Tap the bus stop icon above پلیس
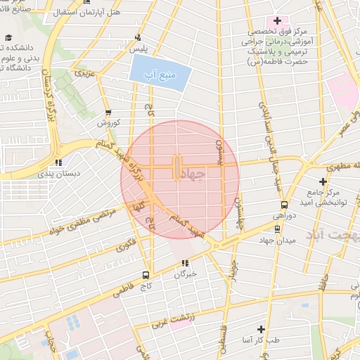tap(137, 37)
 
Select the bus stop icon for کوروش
tap(108, 112)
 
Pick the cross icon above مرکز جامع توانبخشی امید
tap(323, 181)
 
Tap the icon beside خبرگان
tap(185, 264)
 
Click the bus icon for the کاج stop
tap(146, 275)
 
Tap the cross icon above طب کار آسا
tap(261, 329)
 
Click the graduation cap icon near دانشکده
tap(8, 38)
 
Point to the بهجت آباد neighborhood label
tap(337, 238)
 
